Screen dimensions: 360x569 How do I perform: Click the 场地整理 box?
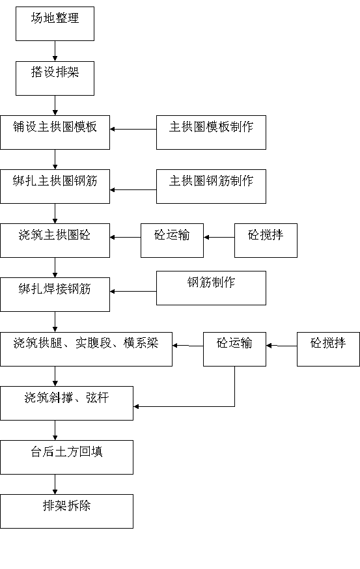pos(55,23)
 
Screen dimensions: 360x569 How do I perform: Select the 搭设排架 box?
pos(55,78)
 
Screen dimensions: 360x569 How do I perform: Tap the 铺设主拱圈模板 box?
pos(55,132)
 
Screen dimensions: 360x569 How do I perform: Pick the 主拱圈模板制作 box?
pos(211,132)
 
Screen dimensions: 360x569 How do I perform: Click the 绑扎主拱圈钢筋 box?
pos(55,187)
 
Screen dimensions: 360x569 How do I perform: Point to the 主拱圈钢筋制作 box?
pos(211,187)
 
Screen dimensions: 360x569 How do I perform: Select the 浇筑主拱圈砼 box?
pos(55,241)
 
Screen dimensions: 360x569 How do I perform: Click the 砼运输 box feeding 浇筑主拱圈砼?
pos(172,241)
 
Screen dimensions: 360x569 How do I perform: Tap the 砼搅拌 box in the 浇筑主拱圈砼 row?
pos(266,241)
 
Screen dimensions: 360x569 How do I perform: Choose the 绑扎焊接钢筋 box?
pos(55,295)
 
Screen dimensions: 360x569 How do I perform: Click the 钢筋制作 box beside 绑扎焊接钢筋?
pos(211,288)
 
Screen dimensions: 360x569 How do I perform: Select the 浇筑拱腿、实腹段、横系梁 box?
pos(86,349)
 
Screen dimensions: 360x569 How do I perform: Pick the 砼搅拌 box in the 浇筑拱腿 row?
pos(329,349)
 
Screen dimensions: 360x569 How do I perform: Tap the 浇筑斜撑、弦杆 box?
pos(66,403)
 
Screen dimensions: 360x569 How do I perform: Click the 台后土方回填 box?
pos(66,457)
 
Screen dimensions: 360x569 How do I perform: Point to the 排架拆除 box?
pos(66,511)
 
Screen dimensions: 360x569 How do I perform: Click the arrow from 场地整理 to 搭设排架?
pos(55,51)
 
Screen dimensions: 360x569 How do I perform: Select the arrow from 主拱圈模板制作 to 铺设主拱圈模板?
pos(133,129)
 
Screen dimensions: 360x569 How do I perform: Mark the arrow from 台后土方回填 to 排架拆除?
pos(55,484)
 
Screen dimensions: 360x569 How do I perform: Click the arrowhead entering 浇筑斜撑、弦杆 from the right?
pos(136,406)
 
